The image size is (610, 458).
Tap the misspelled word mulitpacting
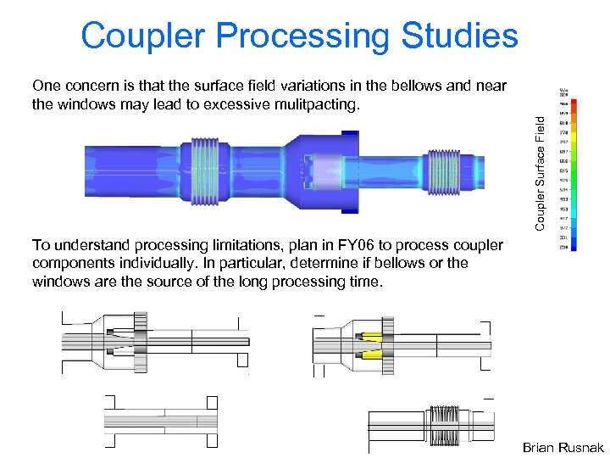(318, 104)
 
